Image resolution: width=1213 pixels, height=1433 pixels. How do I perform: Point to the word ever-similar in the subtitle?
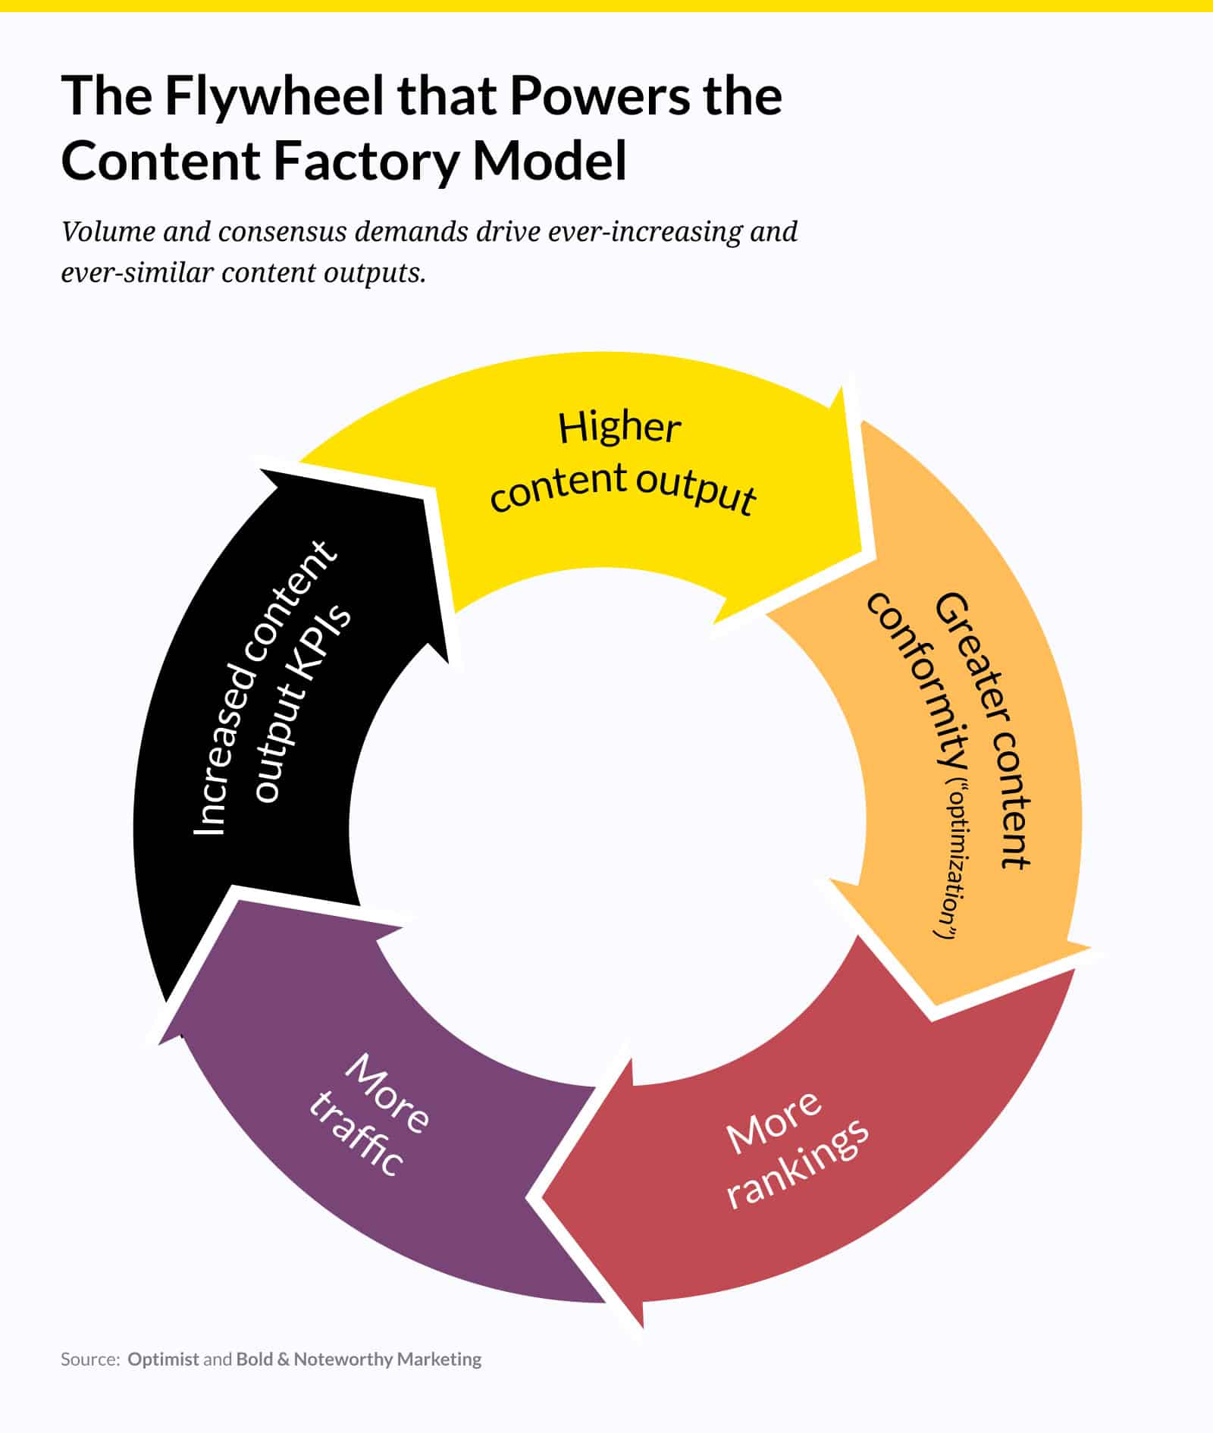pyautogui.click(x=136, y=272)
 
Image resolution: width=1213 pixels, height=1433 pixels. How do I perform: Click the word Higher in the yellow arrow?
pyautogui.click(x=619, y=428)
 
